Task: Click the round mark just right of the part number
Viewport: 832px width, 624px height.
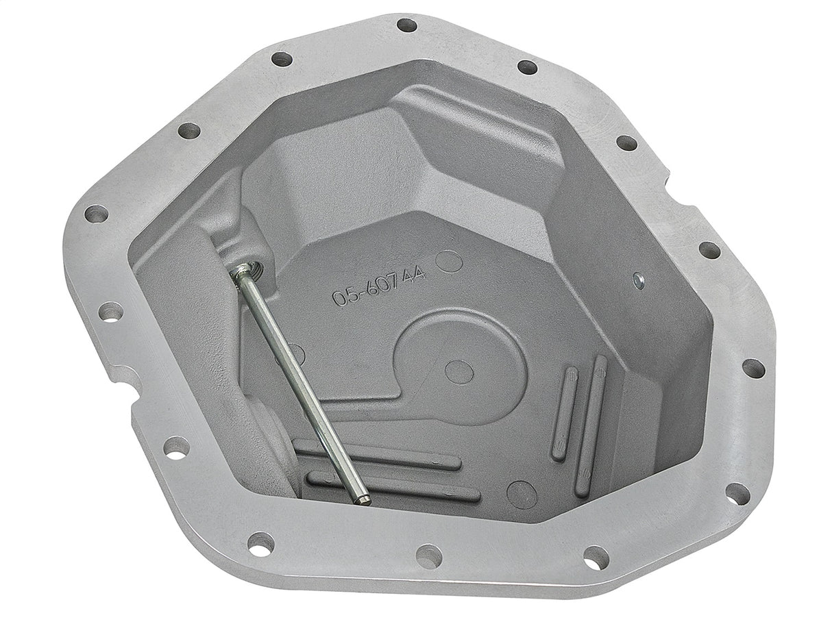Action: [x=449, y=261]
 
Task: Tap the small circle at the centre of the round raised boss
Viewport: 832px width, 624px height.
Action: [x=458, y=371]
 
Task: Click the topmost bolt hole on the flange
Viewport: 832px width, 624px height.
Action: [x=406, y=25]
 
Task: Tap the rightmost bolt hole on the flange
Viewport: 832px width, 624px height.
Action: [x=753, y=368]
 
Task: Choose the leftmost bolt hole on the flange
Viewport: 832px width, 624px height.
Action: [x=96, y=214]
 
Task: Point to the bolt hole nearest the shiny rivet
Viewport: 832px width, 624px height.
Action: [x=709, y=250]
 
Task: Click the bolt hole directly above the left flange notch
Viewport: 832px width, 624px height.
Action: [x=110, y=312]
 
